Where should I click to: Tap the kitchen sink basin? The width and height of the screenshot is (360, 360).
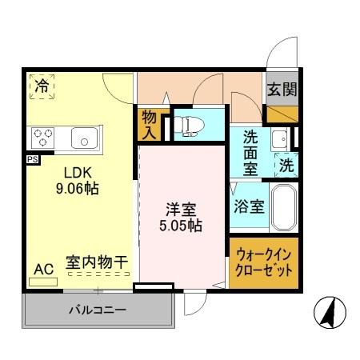83,138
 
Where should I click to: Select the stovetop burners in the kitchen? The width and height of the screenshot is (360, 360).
42,138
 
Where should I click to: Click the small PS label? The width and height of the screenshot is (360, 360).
31,158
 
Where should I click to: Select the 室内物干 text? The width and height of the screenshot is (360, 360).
98,262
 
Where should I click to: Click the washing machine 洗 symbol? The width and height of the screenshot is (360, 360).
286,166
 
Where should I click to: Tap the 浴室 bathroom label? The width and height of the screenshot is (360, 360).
249,206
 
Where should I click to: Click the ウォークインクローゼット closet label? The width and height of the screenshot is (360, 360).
264,262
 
